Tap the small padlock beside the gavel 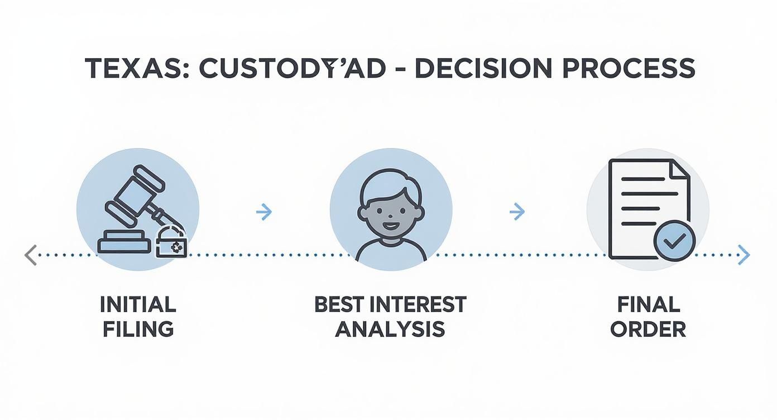coord(171,244)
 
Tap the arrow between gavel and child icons coord(263,212)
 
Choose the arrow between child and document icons coord(517,212)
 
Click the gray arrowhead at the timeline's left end coord(31,255)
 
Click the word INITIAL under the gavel coord(138,305)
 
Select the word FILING coord(138,328)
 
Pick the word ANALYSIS coord(390,328)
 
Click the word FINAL coord(649,305)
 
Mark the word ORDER coord(648,328)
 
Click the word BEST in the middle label coord(335,305)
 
